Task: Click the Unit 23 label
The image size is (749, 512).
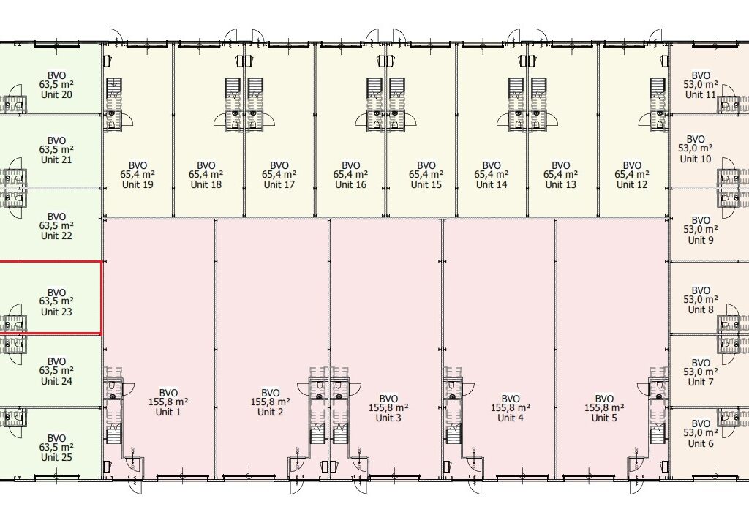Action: point(56,312)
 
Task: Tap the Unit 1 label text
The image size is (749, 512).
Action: point(168,412)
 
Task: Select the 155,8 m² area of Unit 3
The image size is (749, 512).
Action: point(388,408)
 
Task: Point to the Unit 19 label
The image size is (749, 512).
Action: point(138,184)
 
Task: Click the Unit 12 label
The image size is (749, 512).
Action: point(631,184)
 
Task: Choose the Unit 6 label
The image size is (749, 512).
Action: point(701,443)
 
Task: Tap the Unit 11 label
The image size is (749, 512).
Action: point(701,94)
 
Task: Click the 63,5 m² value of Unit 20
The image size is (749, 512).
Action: point(56,85)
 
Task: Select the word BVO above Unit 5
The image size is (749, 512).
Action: point(604,399)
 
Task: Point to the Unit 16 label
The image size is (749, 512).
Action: point(350,184)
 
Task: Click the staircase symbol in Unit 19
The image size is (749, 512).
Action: point(115,89)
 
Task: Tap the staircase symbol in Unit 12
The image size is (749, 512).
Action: point(658,89)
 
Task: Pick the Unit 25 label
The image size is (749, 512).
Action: point(56,457)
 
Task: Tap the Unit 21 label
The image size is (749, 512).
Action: point(56,159)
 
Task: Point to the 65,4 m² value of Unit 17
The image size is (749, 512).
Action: point(279,175)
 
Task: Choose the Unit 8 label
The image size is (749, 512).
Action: point(701,309)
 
